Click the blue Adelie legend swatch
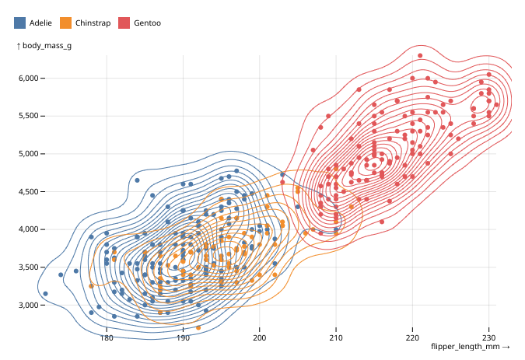pyautogui.click(x=19, y=23)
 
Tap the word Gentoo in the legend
pyautogui.click(x=147, y=23)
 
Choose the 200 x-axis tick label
pyautogui.click(x=259, y=338)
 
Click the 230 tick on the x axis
pyautogui.click(x=488, y=338)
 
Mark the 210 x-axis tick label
pyautogui.click(x=335, y=338)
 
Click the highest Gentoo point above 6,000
pyautogui.click(x=420, y=56)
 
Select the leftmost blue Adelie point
pyautogui.click(x=45, y=294)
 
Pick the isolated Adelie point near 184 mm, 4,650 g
pyautogui.click(x=137, y=180)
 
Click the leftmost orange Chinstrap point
pyautogui.click(x=91, y=286)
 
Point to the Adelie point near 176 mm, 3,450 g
pyautogui.click(x=75, y=271)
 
